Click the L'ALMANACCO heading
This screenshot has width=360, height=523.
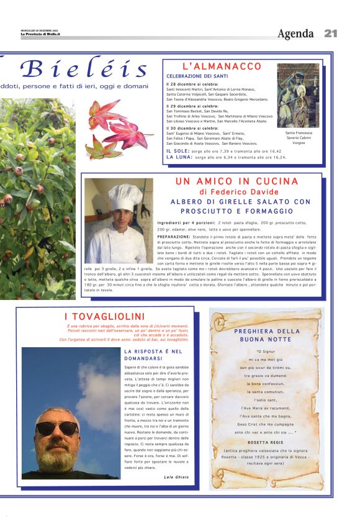click(222, 66)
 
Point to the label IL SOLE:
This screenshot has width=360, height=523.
click(178, 151)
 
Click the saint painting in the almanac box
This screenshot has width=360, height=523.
click(299, 95)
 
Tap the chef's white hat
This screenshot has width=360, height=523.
click(125, 196)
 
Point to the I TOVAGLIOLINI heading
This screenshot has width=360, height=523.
click(104, 317)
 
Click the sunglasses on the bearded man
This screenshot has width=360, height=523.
click(56, 427)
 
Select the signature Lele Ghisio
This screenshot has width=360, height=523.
click(176, 476)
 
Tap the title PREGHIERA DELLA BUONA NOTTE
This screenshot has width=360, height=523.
click(267, 335)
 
